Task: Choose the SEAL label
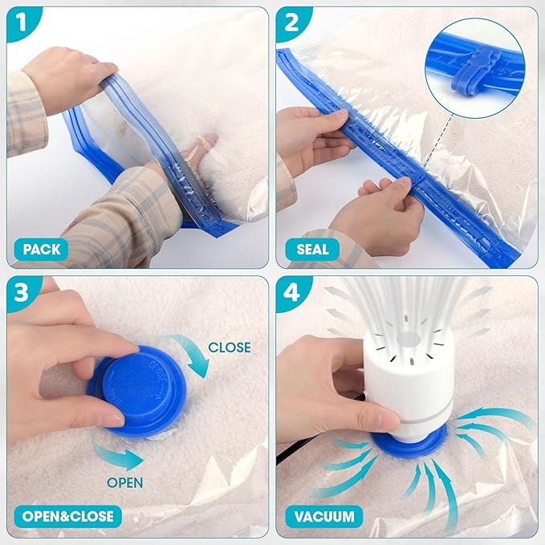tap(312, 249)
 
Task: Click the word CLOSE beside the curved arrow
tap(229, 348)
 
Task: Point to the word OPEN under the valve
tap(126, 483)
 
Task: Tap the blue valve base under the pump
tap(409, 443)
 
